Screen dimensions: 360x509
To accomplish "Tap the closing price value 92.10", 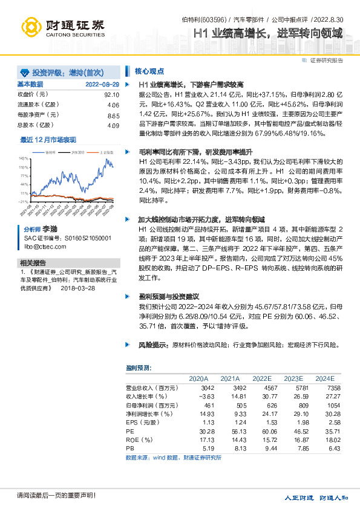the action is point(112,95).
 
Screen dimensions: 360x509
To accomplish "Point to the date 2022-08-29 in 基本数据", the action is point(102,85).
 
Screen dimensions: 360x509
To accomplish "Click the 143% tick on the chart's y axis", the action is point(24,157).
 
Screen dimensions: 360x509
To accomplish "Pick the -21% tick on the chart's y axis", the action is point(24,201).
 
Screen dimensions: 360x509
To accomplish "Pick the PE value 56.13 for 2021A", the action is point(231,432).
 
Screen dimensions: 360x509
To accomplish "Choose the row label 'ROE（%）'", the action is point(140,441).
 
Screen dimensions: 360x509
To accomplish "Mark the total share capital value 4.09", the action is point(113,125).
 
